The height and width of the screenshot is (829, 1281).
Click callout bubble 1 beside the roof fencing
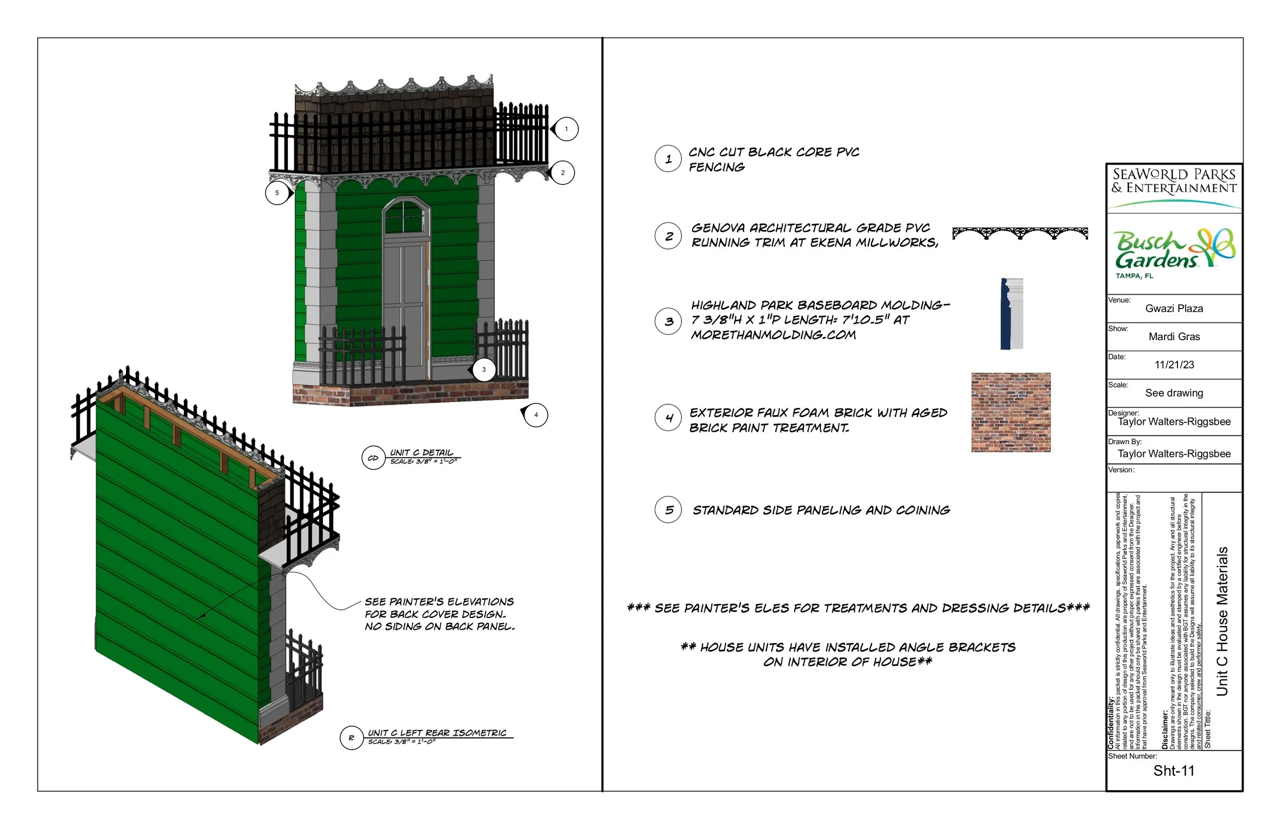(x=566, y=129)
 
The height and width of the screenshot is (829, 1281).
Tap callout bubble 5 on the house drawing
(x=277, y=193)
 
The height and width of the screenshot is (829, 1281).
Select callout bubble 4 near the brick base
(x=535, y=415)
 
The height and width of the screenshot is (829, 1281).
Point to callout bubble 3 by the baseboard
(x=484, y=370)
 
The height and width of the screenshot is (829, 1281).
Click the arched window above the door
(x=406, y=216)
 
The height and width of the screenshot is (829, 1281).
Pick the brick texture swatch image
(x=1011, y=412)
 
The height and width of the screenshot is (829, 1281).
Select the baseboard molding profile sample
(x=1011, y=314)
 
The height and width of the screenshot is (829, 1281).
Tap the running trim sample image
(x=1020, y=234)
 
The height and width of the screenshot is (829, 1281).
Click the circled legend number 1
(x=668, y=159)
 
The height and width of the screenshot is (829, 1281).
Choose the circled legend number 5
(x=669, y=510)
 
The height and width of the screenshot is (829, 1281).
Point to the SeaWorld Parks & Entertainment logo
(x=1174, y=185)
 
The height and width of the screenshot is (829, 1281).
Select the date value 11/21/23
(x=1174, y=365)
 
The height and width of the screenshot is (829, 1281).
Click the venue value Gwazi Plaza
(x=1174, y=308)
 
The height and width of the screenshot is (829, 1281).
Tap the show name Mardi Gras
(x=1174, y=337)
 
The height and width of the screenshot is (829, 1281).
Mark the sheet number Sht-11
(x=1173, y=771)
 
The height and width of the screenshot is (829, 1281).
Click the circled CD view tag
(x=373, y=458)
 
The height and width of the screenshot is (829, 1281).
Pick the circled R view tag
(x=352, y=738)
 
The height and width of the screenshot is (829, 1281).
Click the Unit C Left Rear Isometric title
(x=437, y=733)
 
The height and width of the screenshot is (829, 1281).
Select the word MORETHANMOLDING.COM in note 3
(x=773, y=335)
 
